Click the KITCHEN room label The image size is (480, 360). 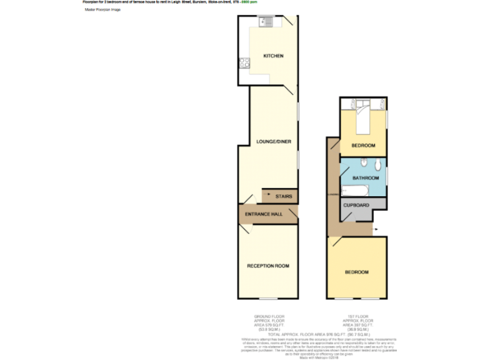pyautogui.click(x=273, y=56)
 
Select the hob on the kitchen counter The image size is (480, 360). pyautogui.click(x=244, y=62)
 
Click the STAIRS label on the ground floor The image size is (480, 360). pyautogui.click(x=283, y=196)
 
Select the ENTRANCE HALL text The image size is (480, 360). pyautogui.click(x=263, y=214)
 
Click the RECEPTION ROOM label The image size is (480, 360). pyautogui.click(x=268, y=266)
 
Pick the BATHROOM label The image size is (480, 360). pyautogui.click(x=366, y=178)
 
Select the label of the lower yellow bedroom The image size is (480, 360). pyautogui.click(x=356, y=272)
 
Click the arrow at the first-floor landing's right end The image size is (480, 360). pyautogui.click(x=376, y=230)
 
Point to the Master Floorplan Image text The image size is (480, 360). pyautogui.click(x=102, y=10)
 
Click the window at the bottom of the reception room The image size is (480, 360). pyautogui.click(x=268, y=298)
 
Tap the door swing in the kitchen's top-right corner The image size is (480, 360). pyautogui.click(x=289, y=22)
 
